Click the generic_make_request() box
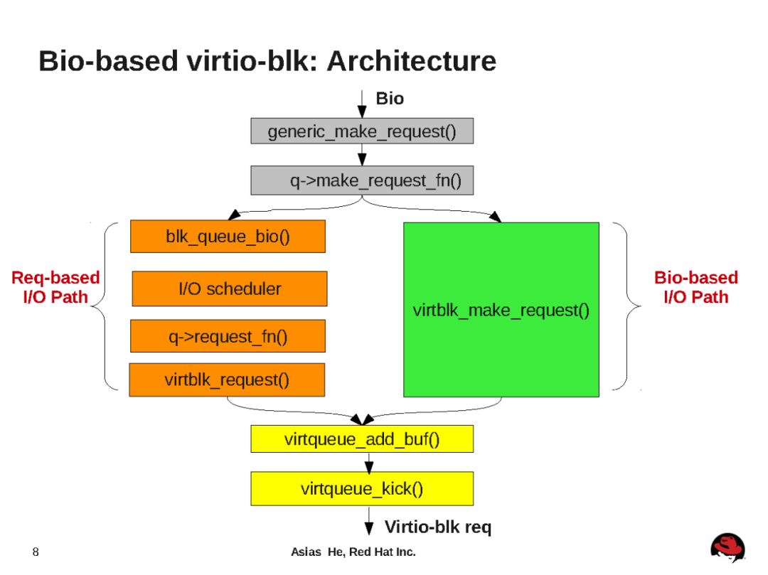(361, 131)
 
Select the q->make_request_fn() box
(361, 181)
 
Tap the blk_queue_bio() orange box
(228, 237)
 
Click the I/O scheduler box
(229, 289)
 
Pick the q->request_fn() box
(228, 336)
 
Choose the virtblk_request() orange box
(227, 380)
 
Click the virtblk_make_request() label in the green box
(501, 311)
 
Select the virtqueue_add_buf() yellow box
(361, 439)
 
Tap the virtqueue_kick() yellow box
(361, 488)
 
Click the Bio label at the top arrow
(389, 99)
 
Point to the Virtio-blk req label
(437, 527)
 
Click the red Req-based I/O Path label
(55, 287)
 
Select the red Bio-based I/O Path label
(695, 287)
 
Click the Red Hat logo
(727, 548)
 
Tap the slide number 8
(36, 552)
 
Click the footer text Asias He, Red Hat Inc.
(353, 552)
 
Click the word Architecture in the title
(411, 61)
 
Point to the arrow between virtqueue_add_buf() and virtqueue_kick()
(368, 462)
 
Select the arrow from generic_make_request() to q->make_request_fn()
(362, 155)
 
